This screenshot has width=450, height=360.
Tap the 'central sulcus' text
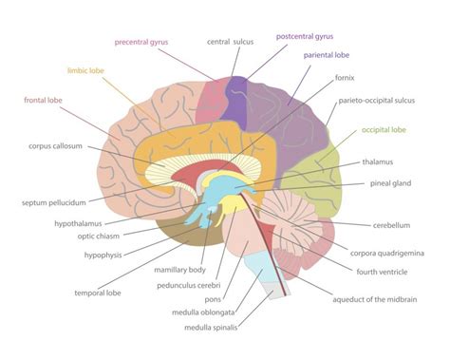[x=232, y=42]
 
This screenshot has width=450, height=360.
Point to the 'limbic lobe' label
[x=88, y=69]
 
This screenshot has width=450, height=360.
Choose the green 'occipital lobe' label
[x=383, y=129]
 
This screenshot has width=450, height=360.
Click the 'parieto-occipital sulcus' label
[x=384, y=100]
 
